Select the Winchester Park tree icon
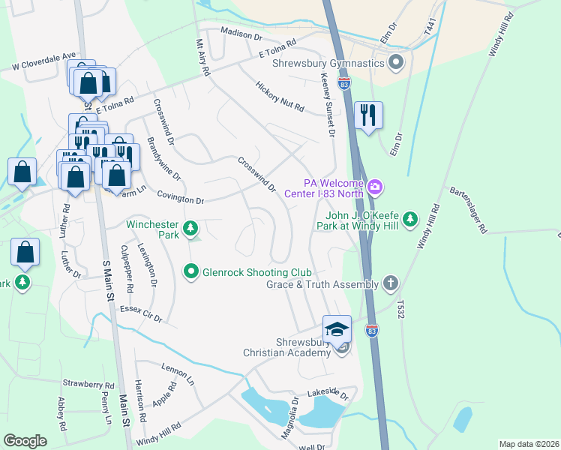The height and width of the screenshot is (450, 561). pos(191,226)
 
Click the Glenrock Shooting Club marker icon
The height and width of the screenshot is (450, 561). pos(191,271)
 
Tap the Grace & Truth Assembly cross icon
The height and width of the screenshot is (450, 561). pos(389,283)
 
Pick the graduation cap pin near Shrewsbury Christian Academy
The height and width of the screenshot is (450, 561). pos(337,329)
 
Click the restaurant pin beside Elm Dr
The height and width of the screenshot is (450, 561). pos(367,115)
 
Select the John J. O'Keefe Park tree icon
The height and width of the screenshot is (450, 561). pos(409,219)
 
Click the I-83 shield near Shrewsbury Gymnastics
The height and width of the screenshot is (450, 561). pos(344,83)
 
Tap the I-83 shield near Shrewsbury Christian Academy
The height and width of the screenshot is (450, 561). pos(371,330)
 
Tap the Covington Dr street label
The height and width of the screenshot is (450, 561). pos(180,200)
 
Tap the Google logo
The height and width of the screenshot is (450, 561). pos(25,440)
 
